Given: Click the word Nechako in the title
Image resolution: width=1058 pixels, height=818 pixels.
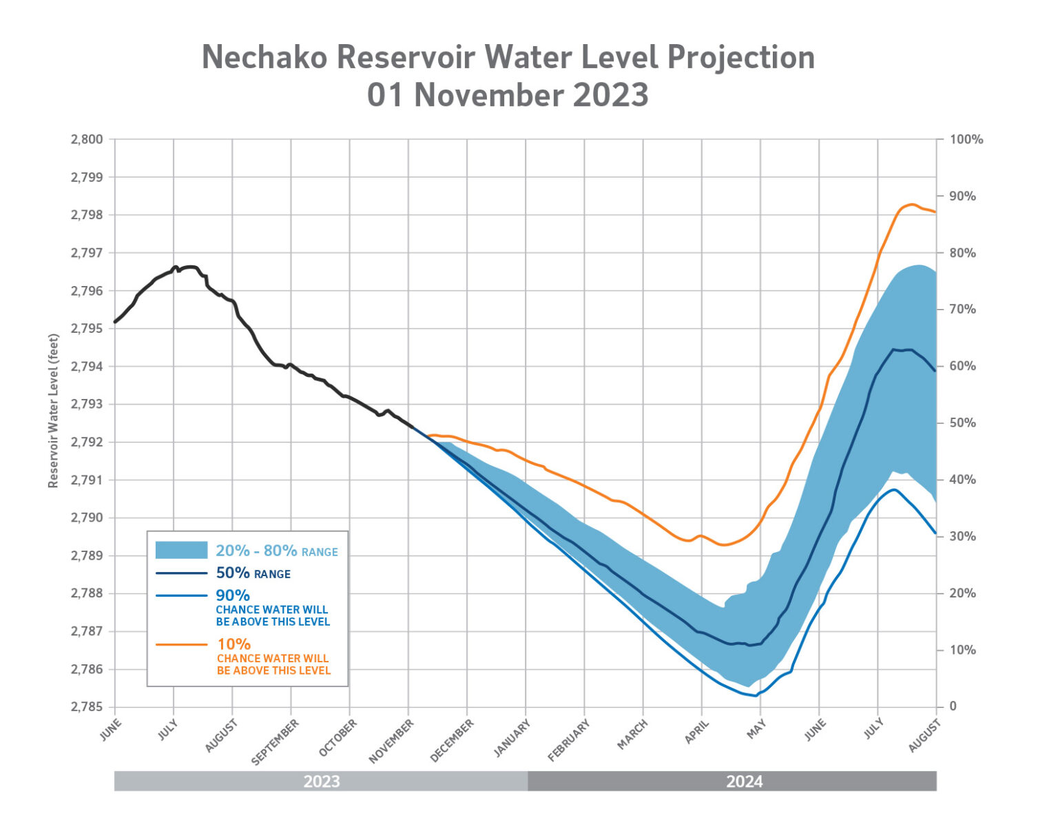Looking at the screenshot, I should coord(264,57).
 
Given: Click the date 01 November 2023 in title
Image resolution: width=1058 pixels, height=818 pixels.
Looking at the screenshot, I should coord(508,94).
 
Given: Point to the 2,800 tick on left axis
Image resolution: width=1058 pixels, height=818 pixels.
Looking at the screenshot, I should coord(87,139).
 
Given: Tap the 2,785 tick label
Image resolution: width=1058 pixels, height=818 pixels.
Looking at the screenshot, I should coord(87,707).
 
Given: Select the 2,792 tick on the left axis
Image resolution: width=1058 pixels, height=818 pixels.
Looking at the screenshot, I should coord(87,442).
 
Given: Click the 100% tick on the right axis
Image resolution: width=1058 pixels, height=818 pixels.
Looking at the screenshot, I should coord(966,139).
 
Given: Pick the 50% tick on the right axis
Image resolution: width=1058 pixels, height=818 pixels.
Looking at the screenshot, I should coord(963,423).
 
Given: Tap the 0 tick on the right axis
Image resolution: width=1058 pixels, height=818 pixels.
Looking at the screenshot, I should coord(953,707).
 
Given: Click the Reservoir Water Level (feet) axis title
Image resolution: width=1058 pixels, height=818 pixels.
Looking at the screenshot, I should coord(53,411).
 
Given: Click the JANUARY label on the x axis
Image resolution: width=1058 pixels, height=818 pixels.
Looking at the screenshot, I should coord(512,738).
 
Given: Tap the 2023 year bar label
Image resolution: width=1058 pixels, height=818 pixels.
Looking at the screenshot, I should coord(322,781).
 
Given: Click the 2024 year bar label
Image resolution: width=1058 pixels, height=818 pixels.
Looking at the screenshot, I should coord(744,781).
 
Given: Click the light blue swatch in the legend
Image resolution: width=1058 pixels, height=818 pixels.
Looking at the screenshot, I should coord(181,550).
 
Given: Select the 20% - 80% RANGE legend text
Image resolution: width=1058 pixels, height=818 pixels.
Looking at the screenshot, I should coord(277,551).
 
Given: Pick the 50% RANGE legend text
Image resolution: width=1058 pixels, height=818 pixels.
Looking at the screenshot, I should coord(253,573).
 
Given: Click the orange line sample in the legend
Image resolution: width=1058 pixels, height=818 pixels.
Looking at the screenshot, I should coord(181,644).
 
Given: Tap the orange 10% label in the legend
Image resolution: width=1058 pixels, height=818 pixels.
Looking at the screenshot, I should coord(234,644).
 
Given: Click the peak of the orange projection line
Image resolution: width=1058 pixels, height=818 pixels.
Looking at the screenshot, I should coord(911,204).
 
